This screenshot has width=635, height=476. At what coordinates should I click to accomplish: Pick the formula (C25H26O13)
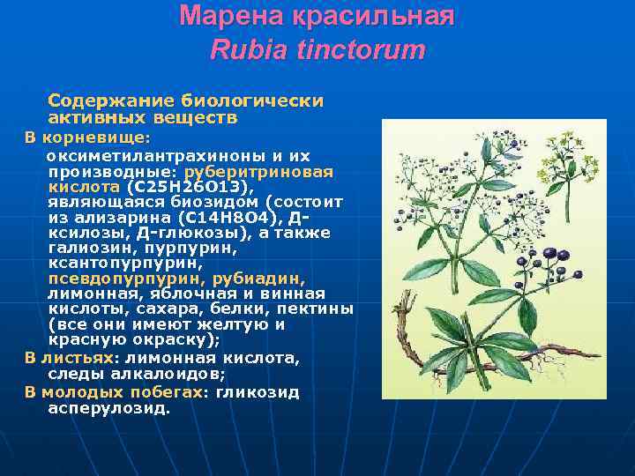pos(190,187)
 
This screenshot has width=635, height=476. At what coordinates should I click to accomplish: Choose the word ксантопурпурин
pos(125,263)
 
